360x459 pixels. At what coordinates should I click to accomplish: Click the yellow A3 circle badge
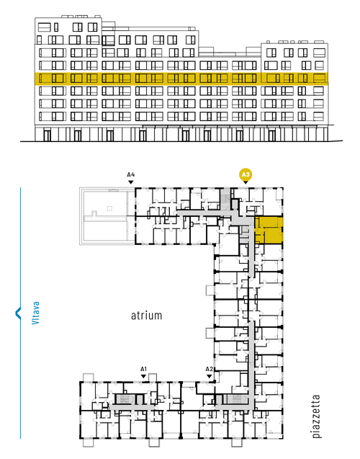click(x=246, y=175)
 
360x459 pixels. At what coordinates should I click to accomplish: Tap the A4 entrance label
click(x=131, y=175)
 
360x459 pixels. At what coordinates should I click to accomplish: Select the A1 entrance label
click(x=143, y=369)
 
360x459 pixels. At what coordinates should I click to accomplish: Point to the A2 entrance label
click(x=210, y=369)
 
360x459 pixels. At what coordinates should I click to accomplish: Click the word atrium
click(x=146, y=316)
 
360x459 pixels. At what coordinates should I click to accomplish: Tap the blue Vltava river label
click(x=36, y=313)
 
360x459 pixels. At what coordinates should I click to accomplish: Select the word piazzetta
click(x=316, y=416)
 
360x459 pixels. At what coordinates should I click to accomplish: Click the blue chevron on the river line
click(x=18, y=313)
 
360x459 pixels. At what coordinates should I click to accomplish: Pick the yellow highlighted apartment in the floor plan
click(x=269, y=230)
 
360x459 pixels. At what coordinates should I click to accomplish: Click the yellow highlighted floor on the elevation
click(x=181, y=79)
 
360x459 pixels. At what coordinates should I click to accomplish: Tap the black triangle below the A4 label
click(x=131, y=182)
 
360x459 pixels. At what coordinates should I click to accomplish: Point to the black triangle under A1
click(x=143, y=376)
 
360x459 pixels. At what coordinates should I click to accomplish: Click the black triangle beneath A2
click(x=210, y=376)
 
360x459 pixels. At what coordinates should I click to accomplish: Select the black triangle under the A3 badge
click(x=246, y=182)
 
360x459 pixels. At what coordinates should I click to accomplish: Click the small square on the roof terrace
click(x=109, y=208)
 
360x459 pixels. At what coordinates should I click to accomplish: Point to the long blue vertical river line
click(x=20, y=313)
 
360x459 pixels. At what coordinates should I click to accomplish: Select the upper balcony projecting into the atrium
click(x=210, y=290)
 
